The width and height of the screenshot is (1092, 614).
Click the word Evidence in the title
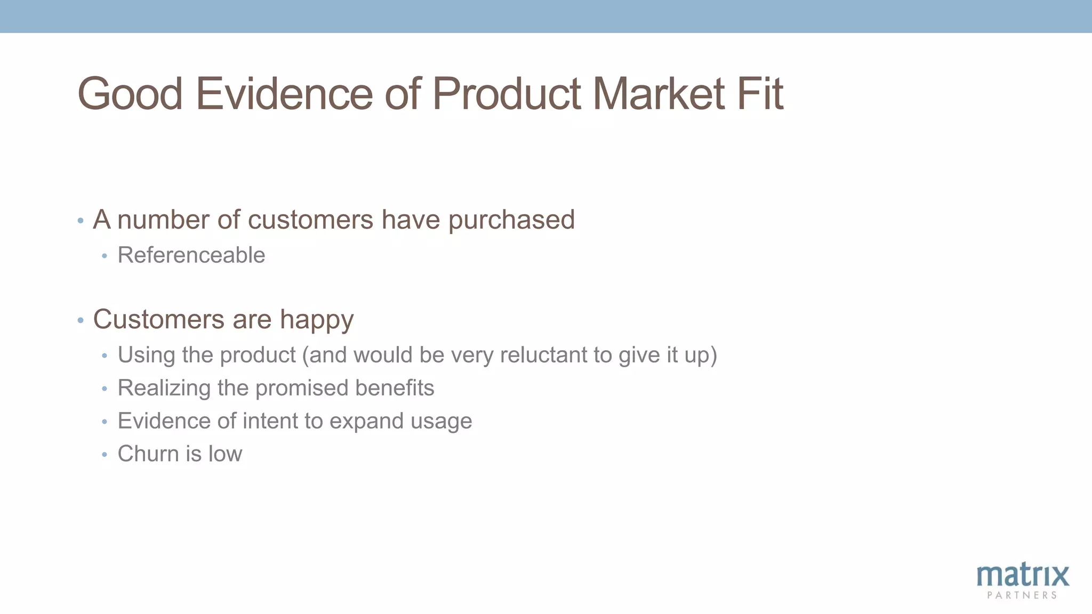[284, 94]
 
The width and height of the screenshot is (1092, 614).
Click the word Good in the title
[130, 94]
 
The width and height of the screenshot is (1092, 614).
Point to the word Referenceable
[191, 255]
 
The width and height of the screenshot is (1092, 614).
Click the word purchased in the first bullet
[511, 220]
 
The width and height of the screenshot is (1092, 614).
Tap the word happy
[317, 320]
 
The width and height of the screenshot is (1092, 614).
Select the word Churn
[148, 454]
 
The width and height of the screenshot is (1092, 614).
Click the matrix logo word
[1022, 576]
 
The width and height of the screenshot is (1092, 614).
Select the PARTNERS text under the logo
[1022, 595]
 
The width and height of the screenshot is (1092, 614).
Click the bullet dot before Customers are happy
[81, 320]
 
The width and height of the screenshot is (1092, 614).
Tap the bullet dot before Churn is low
[105, 455]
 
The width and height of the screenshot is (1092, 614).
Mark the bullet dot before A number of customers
[81, 221]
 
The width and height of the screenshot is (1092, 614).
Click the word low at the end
[225, 454]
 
